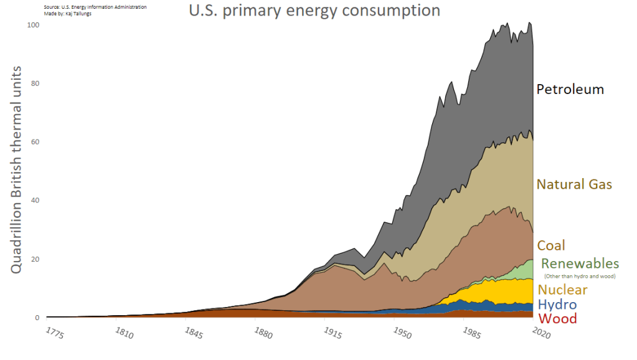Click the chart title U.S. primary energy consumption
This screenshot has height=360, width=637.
pos(314,11)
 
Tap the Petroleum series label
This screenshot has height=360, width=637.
pos(570,89)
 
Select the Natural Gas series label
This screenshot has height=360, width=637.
pos(574,184)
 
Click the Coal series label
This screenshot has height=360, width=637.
pos(551,245)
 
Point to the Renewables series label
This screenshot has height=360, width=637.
pos(580,263)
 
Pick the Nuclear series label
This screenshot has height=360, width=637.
pos(562,290)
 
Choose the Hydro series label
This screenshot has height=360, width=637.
pos(557,305)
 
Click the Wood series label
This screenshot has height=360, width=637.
pos(557,319)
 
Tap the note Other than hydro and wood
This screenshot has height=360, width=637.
pos(579,276)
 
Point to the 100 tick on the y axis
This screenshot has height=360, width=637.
pos(33,25)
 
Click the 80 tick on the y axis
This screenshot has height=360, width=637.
pos(35,83)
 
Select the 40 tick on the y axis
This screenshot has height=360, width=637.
pos(35,201)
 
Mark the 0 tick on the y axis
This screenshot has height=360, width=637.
pos(37,318)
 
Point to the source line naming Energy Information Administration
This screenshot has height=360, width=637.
pos(95,7)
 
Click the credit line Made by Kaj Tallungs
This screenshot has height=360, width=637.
pos(68,13)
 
